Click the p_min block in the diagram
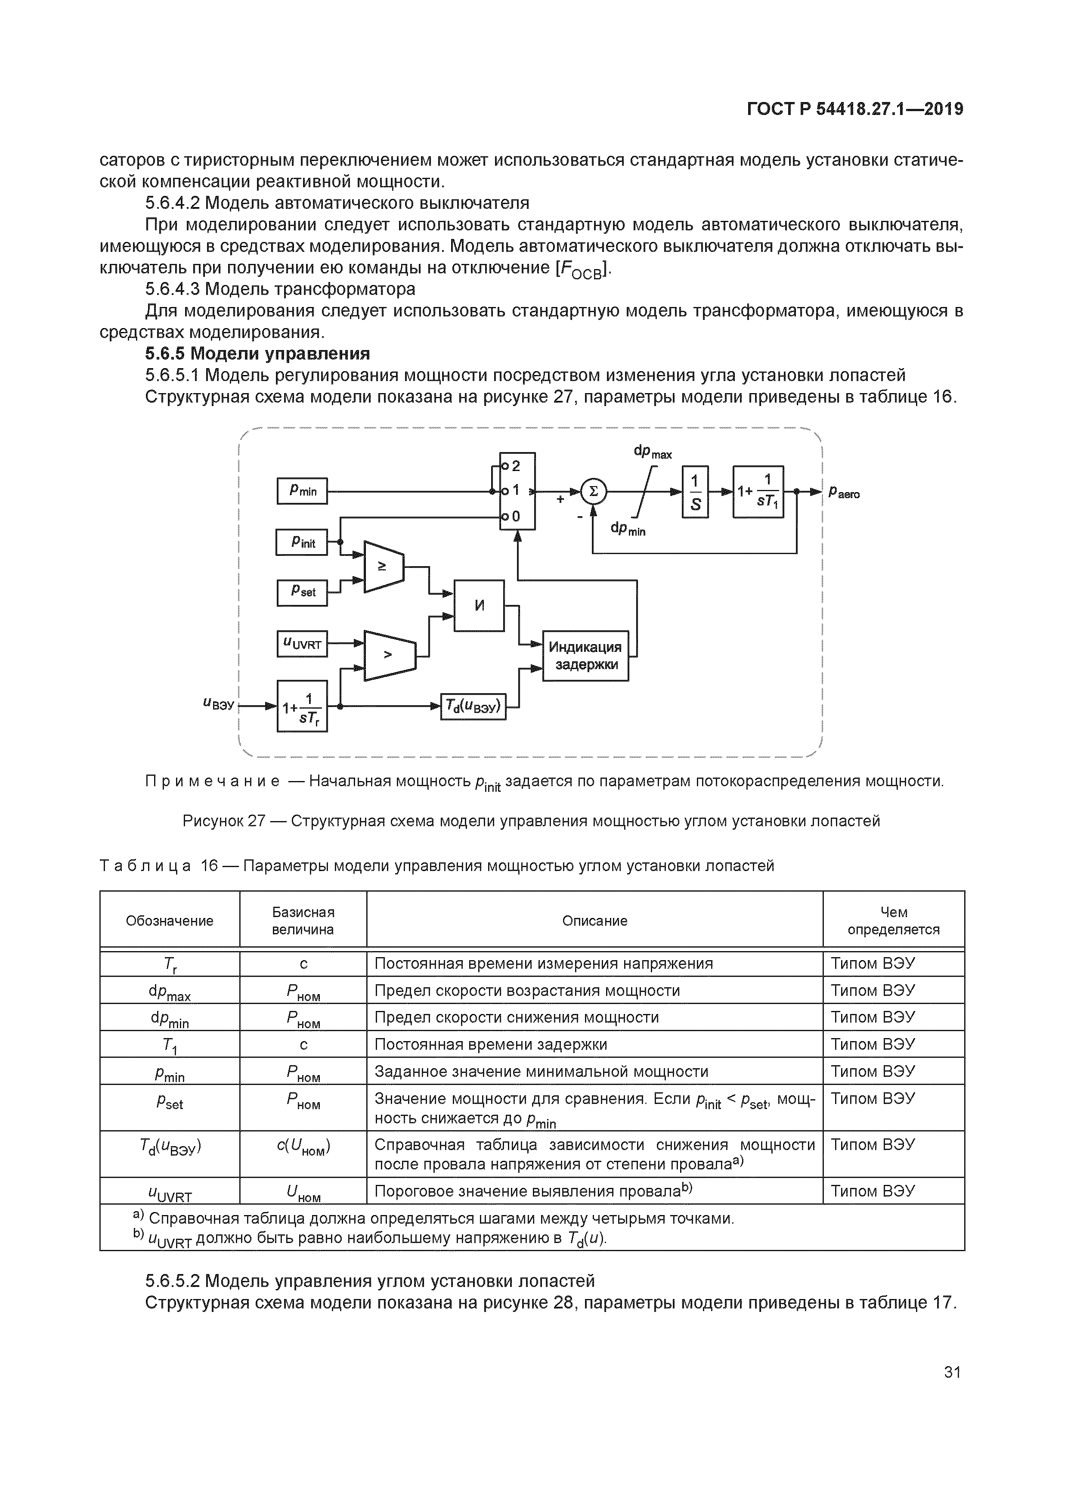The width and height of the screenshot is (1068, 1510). tap(302, 490)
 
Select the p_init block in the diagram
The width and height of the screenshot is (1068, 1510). tap(302, 543)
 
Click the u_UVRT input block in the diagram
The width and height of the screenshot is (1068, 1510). tap(302, 644)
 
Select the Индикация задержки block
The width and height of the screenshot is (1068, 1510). tap(585, 656)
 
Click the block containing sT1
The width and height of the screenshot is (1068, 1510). tap(758, 491)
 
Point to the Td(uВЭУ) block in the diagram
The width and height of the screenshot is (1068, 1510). tap(473, 706)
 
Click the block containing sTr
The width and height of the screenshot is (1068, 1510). tap(302, 706)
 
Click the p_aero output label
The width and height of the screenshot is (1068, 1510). tap(844, 492)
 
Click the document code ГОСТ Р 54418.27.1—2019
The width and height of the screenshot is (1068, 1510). tap(855, 109)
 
